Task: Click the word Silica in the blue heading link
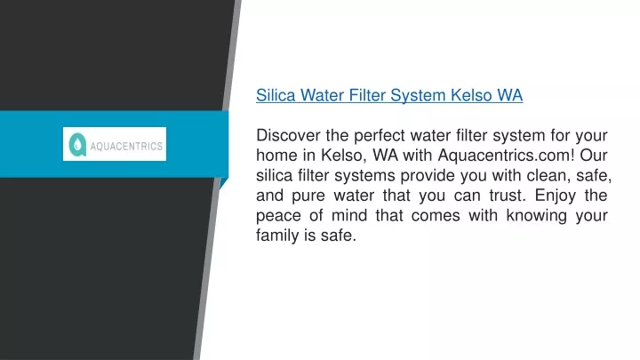pyautogui.click(x=276, y=95)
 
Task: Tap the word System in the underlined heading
pyautogui.click(x=418, y=96)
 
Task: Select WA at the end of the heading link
pyautogui.click(x=510, y=95)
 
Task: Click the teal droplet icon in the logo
pyautogui.click(x=77, y=145)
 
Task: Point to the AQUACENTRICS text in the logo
pyautogui.click(x=126, y=146)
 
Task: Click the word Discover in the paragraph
pyautogui.click(x=288, y=135)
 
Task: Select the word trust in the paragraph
pyautogui.click(x=508, y=195)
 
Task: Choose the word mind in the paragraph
pyautogui.click(x=349, y=215)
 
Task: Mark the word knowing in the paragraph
pyautogui.click(x=536, y=216)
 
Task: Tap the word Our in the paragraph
pyautogui.click(x=594, y=155)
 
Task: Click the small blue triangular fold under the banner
pyautogui.click(x=223, y=183)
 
